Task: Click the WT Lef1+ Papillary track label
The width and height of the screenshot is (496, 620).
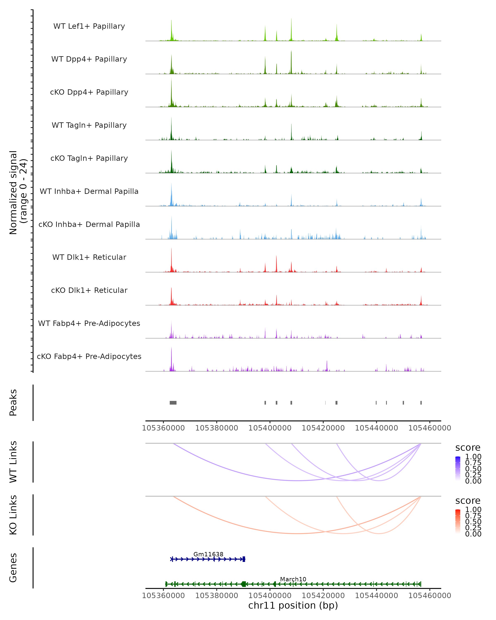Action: click(x=89, y=26)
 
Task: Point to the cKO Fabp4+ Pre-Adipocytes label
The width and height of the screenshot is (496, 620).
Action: click(x=89, y=356)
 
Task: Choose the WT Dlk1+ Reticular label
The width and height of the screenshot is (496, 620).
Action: click(x=89, y=257)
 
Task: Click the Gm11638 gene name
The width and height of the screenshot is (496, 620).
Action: click(x=208, y=554)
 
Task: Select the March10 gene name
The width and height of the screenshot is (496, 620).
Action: click(x=293, y=579)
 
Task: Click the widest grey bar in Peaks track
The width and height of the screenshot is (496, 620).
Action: click(x=173, y=403)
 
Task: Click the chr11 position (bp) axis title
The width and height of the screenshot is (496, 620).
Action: click(x=293, y=605)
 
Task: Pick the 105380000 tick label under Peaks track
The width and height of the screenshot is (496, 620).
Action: click(x=217, y=428)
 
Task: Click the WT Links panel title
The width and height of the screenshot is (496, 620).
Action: click(x=13, y=462)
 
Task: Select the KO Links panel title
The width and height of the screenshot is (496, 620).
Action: click(x=13, y=515)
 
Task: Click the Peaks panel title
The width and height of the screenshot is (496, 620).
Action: click(x=13, y=403)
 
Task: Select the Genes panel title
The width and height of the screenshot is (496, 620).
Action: click(x=13, y=568)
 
